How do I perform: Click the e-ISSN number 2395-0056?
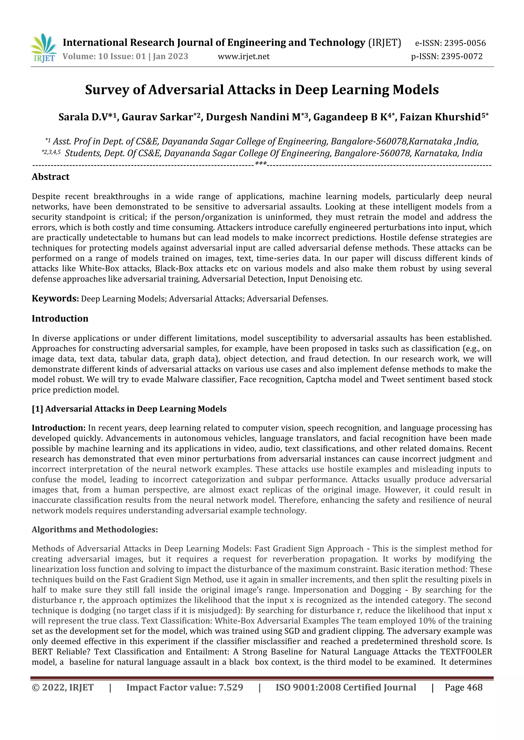tap(465, 43)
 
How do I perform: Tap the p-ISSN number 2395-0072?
tap(462, 56)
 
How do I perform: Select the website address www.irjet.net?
tap(244, 57)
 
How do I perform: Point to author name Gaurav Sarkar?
tap(157, 117)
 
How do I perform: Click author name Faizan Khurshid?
tap(440, 117)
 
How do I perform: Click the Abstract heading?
tap(51, 177)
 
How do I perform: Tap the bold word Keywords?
tap(55, 298)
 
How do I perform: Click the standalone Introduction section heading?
tap(60, 318)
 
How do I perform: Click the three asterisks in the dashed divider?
tap(261, 164)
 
